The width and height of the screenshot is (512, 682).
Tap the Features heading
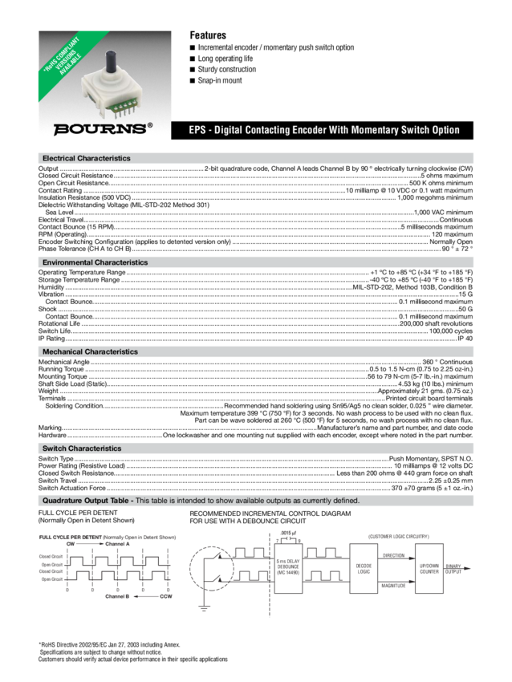pos(208,35)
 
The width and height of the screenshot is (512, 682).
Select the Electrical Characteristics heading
pos(87,158)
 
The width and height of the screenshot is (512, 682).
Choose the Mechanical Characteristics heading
pos(90,351)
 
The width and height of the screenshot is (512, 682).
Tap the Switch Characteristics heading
pos(82,449)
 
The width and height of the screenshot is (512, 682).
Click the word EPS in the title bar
pos(198,130)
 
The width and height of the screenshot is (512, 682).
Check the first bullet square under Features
pos(192,48)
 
